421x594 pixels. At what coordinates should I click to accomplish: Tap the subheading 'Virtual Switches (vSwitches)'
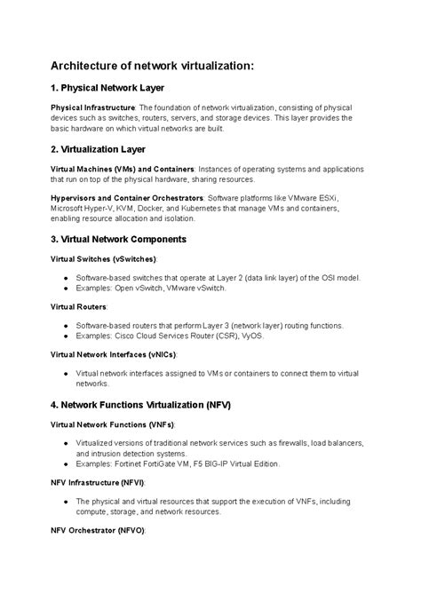click(102, 258)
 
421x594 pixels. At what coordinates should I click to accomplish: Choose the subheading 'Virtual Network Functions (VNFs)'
click(112, 424)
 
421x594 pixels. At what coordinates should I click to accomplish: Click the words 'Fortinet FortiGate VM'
click(153, 463)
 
